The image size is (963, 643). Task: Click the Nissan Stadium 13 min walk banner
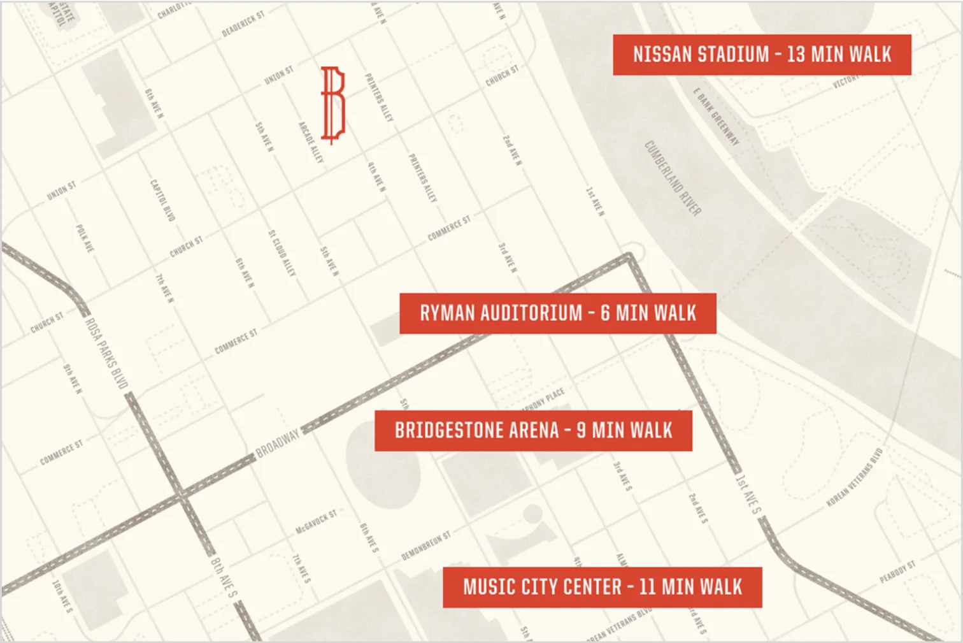click(762, 55)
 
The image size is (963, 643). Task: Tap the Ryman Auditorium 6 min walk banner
click(557, 313)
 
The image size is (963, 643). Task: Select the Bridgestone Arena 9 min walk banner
click(533, 431)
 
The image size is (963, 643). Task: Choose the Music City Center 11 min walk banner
click(602, 587)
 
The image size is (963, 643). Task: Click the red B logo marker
click(332, 104)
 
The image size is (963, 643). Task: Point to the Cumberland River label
click(673, 178)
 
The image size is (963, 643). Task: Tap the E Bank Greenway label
click(717, 117)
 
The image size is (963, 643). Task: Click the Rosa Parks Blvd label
click(107, 353)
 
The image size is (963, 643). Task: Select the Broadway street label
click(277, 443)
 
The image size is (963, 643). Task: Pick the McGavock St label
click(316, 522)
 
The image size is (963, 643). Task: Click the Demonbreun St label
click(425, 547)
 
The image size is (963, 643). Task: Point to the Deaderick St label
click(243, 24)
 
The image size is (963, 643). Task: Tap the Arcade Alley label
click(311, 141)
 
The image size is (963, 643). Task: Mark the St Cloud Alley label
click(282, 253)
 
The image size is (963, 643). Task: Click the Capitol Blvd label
click(162, 200)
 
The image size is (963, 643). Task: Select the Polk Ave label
click(84, 238)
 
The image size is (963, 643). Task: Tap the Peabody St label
click(897, 572)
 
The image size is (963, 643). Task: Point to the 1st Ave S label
click(748, 493)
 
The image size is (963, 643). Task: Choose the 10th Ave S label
click(62, 596)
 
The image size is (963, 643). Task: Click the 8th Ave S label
click(224, 577)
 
